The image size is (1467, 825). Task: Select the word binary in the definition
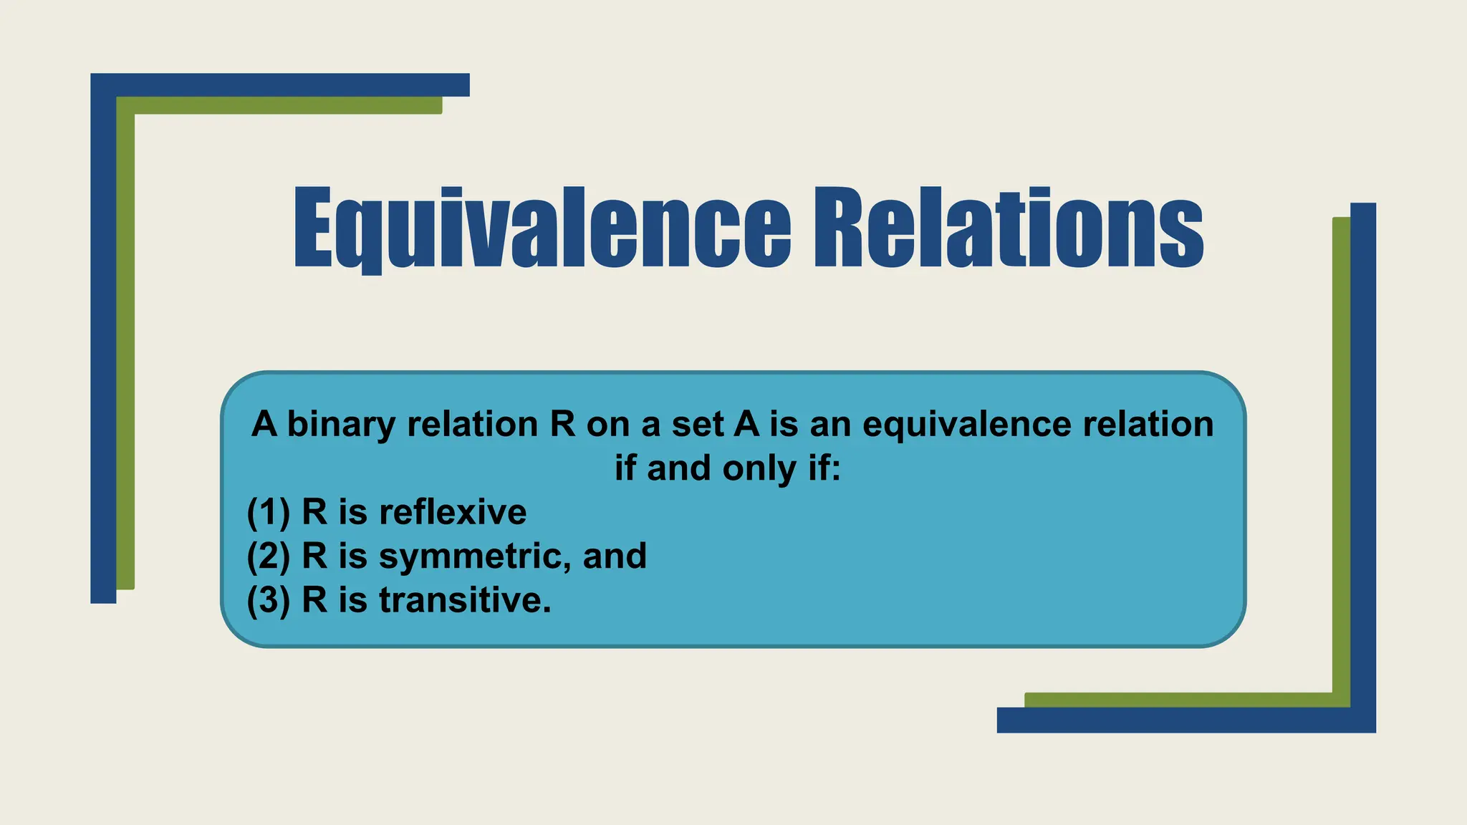point(341,424)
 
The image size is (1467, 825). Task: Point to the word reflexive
point(453,512)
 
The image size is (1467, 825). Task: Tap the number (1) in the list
point(269,512)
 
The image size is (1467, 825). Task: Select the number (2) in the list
point(269,556)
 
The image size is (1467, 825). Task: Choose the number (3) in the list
point(269,600)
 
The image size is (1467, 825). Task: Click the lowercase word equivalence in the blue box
point(967,424)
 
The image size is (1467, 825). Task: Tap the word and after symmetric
point(615,556)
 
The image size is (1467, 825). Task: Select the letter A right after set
point(746,424)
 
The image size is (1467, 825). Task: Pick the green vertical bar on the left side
point(125,344)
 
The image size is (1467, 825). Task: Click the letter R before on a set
point(563,424)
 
